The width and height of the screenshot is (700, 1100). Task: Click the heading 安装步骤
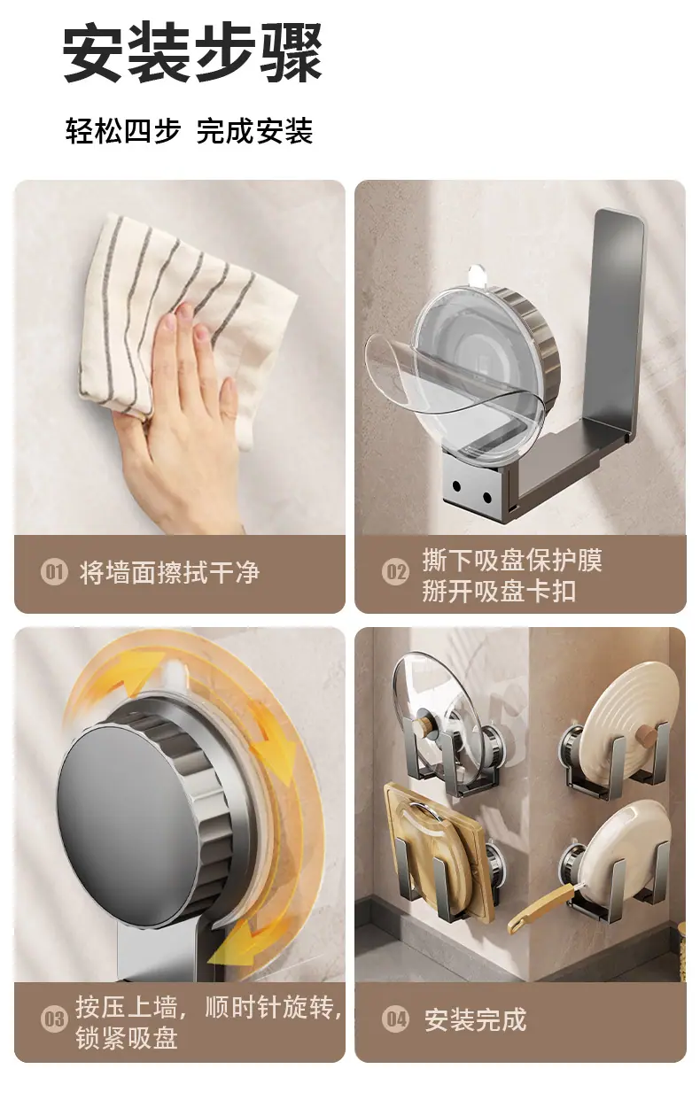192,53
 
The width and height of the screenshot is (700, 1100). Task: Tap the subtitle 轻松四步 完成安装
189,130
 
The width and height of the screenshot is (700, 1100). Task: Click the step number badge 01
54,573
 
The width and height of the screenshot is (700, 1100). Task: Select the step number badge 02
395,573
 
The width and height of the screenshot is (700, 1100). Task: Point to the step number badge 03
54,1019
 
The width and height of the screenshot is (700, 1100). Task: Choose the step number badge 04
395,1019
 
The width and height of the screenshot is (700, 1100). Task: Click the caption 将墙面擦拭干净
169,573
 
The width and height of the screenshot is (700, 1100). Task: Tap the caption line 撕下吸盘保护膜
512,560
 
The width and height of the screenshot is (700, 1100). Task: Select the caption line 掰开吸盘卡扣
499,590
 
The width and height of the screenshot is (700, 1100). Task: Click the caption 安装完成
476,1019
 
